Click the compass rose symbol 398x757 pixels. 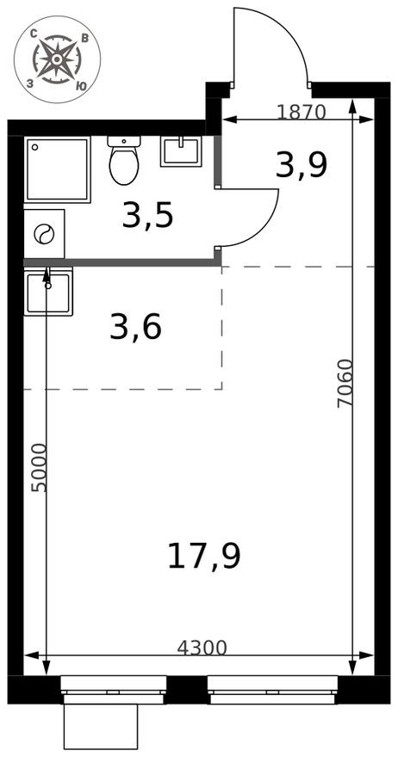pos(57,58)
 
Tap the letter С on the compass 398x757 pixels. pos(32,34)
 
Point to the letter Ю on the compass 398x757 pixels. pos(81,86)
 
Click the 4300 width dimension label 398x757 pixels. pos(202,648)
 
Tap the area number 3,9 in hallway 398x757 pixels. pos(301,163)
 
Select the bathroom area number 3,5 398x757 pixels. pos(147,216)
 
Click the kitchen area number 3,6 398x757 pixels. pos(135,327)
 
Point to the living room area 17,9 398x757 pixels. pos(203,556)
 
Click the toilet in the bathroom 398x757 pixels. pos(124,160)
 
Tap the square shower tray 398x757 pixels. pos(57,169)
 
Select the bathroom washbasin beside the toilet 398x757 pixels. pos(180,151)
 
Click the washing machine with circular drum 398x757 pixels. pos(43,234)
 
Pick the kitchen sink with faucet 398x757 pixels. pos(47,291)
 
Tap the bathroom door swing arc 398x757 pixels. pos(254,217)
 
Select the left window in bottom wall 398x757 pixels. pos(113,688)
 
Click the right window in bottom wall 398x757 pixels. pos(272,688)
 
